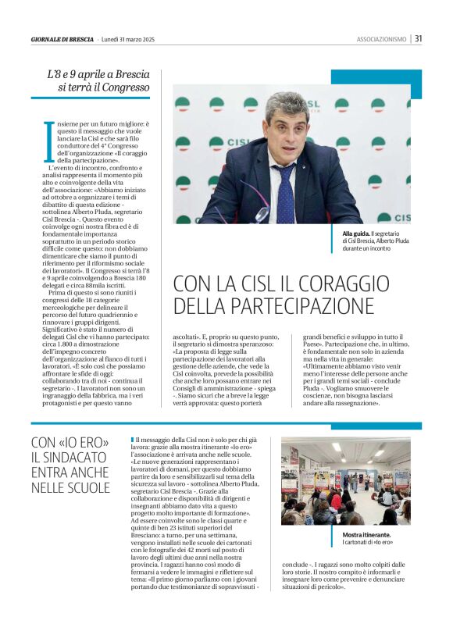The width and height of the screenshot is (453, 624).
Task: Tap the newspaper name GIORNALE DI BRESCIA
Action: [62, 39]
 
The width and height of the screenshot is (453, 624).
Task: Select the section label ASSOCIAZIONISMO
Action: [381, 39]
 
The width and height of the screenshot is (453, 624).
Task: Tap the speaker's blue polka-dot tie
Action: [285, 194]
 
